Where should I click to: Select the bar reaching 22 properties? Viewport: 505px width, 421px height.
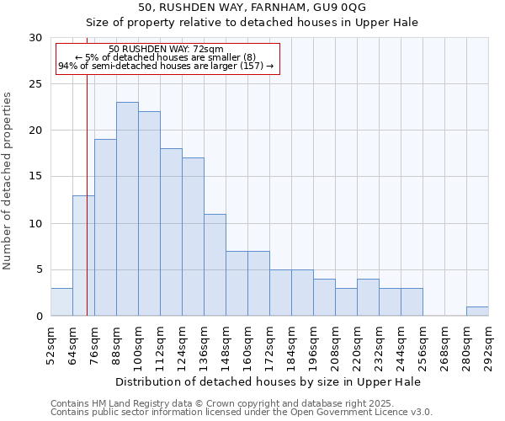coord(149,214)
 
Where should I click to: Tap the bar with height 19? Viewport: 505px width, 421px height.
coord(105,227)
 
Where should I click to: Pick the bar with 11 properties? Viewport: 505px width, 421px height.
coord(215,264)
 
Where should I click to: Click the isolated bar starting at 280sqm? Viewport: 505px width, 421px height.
coord(477,311)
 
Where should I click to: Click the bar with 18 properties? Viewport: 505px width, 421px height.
coord(171,232)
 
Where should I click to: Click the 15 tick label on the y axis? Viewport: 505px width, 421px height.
coord(35,177)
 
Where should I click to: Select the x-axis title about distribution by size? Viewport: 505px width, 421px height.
coord(268,381)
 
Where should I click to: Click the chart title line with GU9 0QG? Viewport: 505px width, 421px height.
coord(252,7)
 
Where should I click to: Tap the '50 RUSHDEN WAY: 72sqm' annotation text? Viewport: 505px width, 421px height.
coord(166,50)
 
